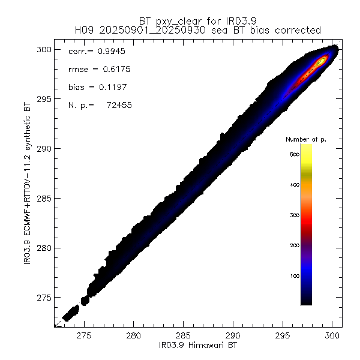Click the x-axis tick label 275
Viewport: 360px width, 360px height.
84,337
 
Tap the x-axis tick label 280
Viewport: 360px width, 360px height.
134,337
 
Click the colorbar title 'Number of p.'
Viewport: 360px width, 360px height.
305,139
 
